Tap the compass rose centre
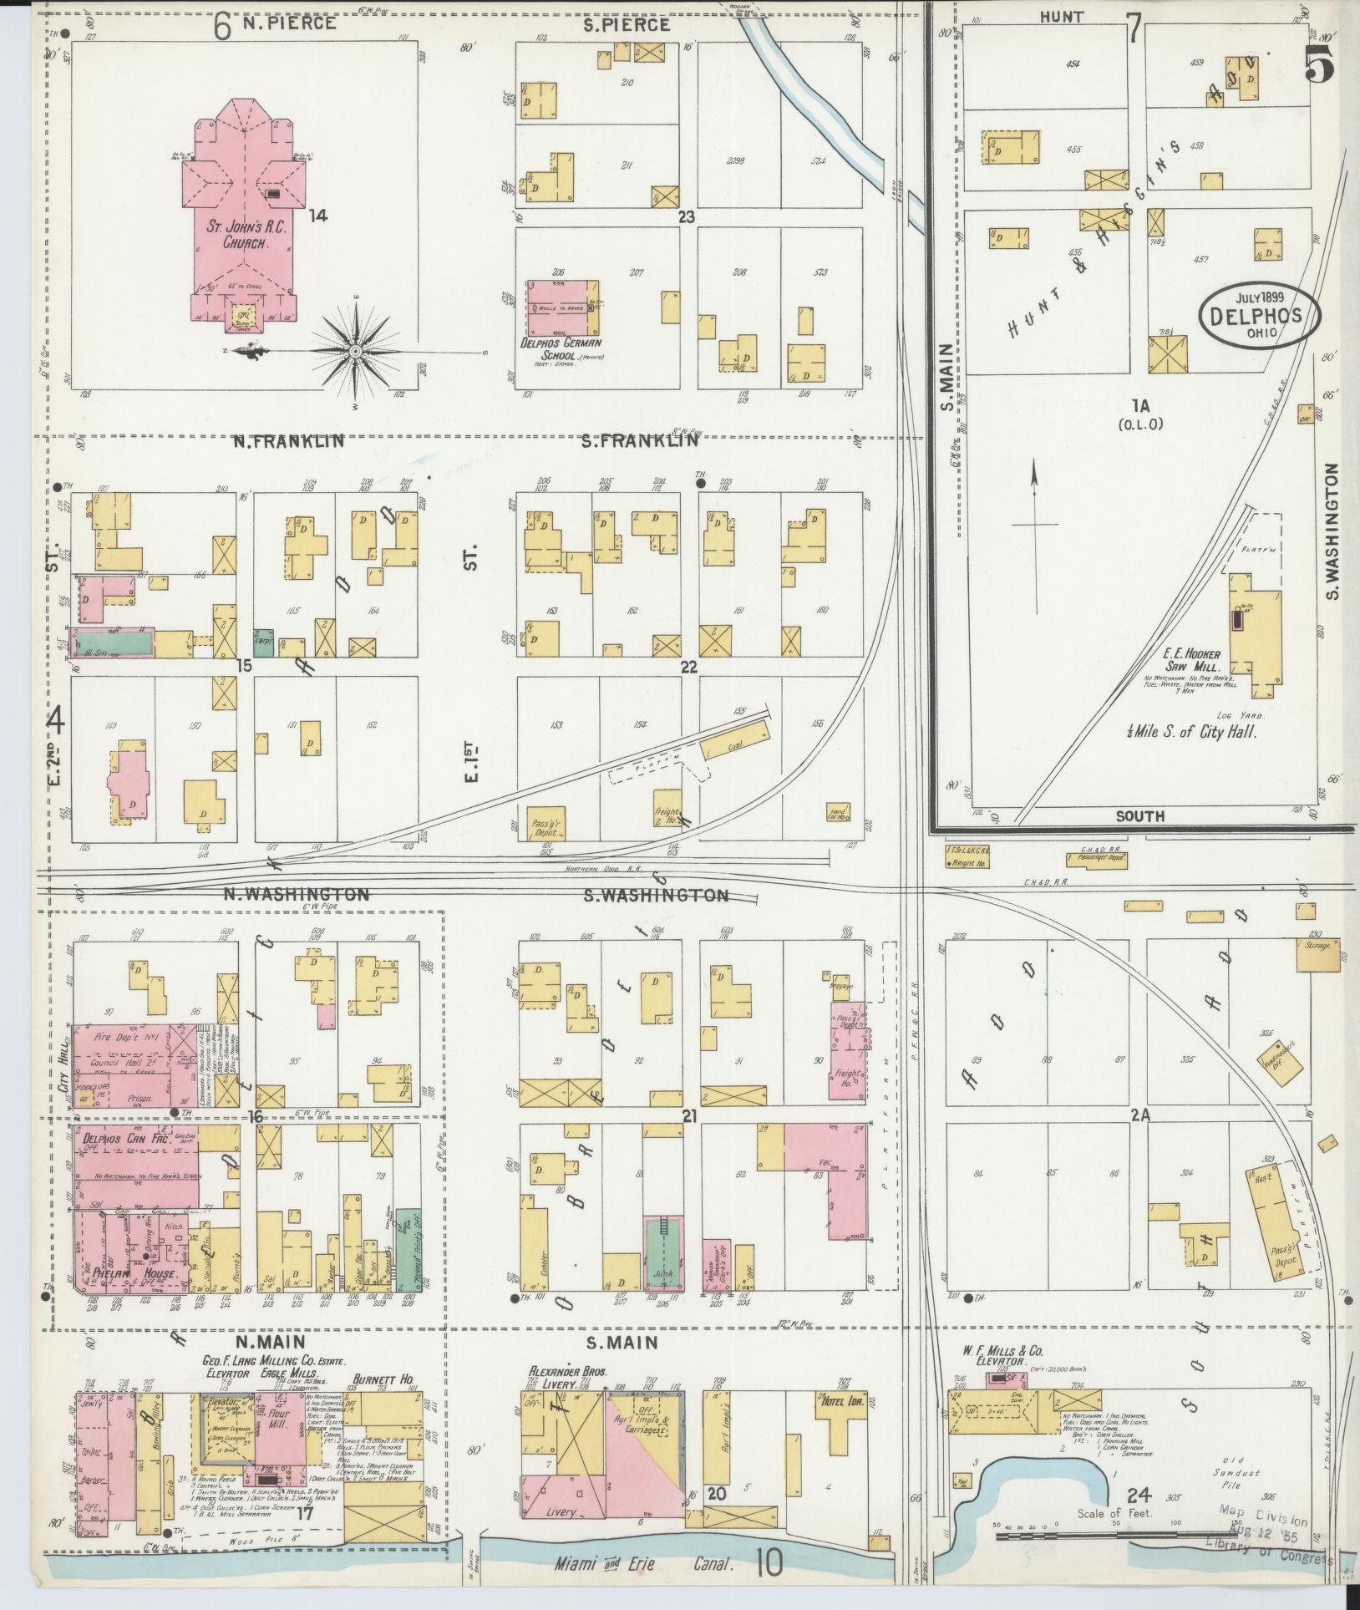pyautogui.click(x=355, y=351)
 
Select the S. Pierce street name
pyautogui.click(x=627, y=24)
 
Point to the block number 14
pyautogui.click(x=317, y=216)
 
